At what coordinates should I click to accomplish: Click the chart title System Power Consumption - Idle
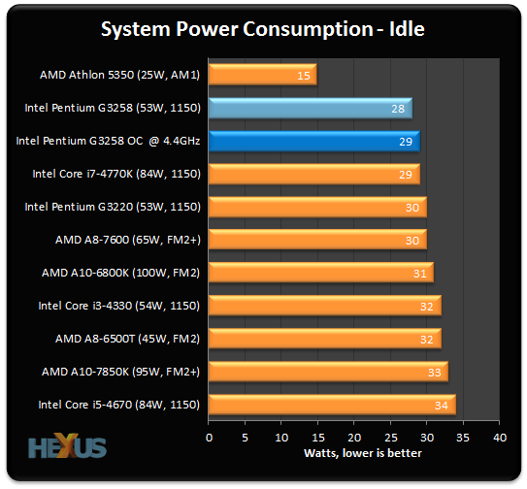(263, 30)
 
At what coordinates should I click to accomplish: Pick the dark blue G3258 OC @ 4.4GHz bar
(313, 141)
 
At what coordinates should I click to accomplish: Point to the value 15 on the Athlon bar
(305, 75)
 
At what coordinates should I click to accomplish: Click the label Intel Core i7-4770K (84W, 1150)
(116, 174)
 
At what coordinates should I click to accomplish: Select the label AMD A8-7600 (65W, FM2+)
(123, 240)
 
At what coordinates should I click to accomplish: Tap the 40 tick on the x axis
(499, 438)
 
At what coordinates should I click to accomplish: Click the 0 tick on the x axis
(209, 438)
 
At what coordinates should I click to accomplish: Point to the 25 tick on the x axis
(390, 438)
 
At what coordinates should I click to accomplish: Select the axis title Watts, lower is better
(354, 453)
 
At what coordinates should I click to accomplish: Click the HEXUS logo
(68, 448)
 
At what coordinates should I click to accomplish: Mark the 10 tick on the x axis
(281, 438)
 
